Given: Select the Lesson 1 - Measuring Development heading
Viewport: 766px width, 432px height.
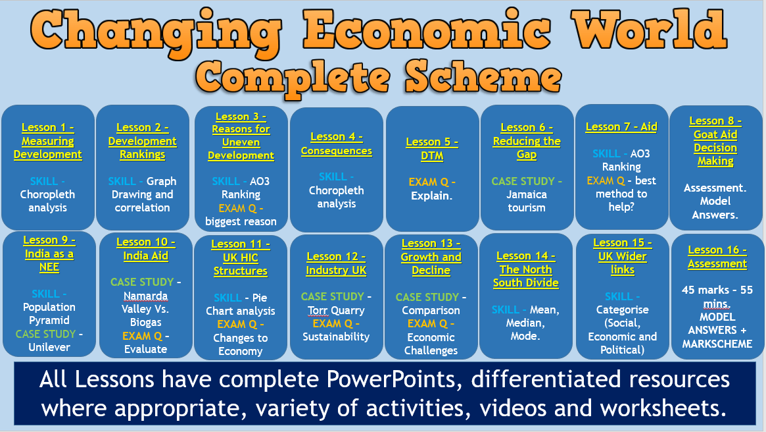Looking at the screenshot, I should [48, 141].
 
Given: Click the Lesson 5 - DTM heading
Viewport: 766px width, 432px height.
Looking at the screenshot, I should [432, 149].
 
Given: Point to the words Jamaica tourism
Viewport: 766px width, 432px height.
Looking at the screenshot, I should [526, 201].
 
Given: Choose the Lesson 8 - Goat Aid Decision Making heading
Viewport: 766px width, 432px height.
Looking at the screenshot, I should [715, 141].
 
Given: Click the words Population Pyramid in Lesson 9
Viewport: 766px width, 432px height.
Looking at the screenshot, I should [49, 313].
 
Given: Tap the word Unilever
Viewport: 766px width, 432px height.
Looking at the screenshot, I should [49, 347].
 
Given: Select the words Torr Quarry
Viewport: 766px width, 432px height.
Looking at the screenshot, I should [336, 310].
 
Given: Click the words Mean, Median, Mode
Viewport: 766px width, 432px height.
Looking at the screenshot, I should [526, 323].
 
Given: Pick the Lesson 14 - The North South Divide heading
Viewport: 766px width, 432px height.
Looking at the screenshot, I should [526, 269].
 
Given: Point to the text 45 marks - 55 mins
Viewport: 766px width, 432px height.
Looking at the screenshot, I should [717, 296].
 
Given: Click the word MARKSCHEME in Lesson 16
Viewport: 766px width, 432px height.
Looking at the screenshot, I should [717, 344].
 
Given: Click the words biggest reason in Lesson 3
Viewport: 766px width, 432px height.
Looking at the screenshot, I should [241, 221].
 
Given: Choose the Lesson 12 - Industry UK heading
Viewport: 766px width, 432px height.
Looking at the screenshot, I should [336, 263].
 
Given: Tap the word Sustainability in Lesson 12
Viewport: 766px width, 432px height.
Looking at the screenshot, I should [336, 337].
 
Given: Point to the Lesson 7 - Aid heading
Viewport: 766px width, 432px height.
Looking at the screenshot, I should [621, 126].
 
